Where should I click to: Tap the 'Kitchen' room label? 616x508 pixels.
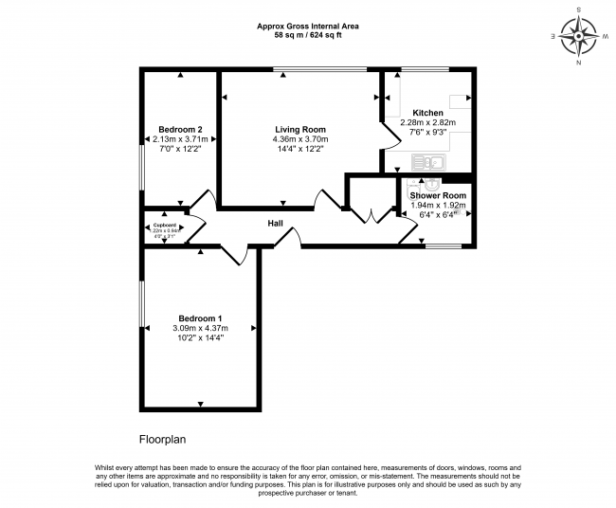click(x=427, y=113)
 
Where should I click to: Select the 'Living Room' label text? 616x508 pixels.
click(x=300, y=129)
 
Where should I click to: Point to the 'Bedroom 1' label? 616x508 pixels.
click(x=200, y=318)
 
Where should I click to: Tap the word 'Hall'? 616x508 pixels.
click(x=275, y=224)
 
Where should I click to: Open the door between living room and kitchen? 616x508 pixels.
click(x=387, y=141)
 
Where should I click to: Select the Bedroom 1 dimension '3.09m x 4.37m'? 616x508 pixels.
click(x=200, y=328)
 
